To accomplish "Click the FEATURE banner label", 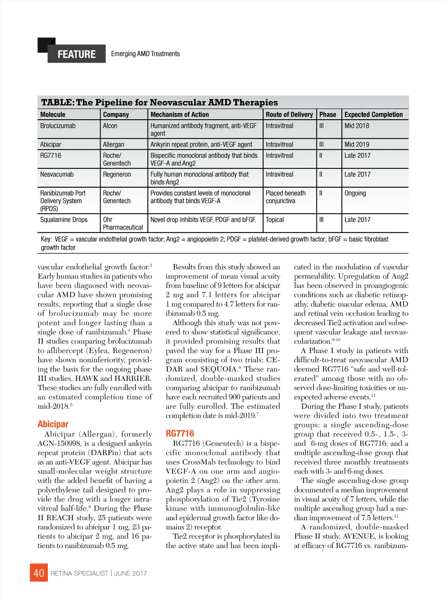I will point(77,54).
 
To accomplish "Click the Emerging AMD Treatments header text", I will point(145,54).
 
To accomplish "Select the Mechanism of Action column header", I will point(179,114).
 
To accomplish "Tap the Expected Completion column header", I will point(373,114).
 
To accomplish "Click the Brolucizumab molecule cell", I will point(57,126).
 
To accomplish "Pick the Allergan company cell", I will point(113,145).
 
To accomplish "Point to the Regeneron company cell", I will point(117,174).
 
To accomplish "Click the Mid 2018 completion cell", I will point(357,126).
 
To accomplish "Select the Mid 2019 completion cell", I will point(357,145).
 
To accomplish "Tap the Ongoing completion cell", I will point(355,193).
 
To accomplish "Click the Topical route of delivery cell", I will point(275,220).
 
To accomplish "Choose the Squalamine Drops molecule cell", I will point(64,220).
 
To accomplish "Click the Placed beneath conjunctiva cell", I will point(286,197).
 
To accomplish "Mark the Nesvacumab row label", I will point(57,174).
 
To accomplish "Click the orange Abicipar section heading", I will point(53,424).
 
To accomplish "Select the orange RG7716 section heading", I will point(180,433).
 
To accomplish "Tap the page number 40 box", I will point(39,573).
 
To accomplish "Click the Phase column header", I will point(328,114).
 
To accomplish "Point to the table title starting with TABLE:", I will point(159,102).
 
